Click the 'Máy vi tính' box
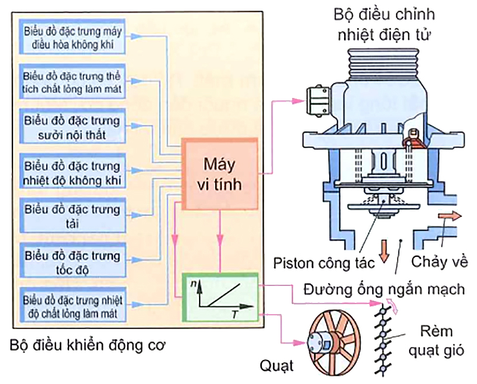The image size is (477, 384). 221,174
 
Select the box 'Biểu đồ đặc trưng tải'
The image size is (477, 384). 72,217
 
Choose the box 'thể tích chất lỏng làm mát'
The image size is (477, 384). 72,83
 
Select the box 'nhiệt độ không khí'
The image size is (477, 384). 72,172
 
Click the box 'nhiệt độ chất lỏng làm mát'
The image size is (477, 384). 72,305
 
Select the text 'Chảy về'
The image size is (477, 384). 440,262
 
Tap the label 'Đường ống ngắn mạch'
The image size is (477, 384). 383,290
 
